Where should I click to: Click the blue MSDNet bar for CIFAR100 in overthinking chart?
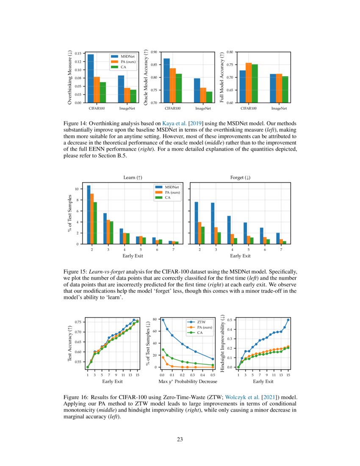(x=91, y=78)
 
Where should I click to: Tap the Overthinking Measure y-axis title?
(x=70, y=77)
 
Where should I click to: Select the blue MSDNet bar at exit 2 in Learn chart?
(x=89, y=215)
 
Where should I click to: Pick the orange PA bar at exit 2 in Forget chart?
(x=199, y=233)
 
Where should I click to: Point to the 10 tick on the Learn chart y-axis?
(x=75, y=189)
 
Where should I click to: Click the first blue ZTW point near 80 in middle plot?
(x=163, y=320)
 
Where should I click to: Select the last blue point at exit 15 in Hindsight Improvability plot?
(x=288, y=320)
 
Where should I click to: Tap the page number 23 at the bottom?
(x=180, y=439)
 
